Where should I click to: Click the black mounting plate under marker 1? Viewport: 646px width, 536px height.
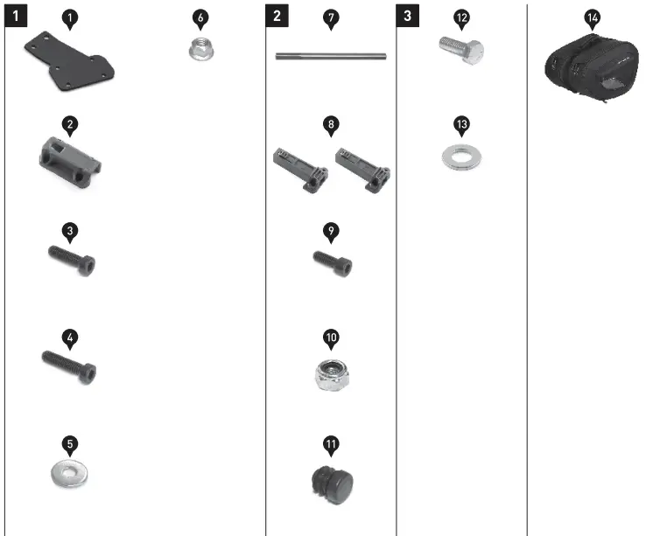[x=69, y=61]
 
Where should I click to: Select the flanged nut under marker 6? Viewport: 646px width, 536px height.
[x=200, y=49]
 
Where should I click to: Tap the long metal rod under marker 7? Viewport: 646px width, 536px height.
[x=331, y=58]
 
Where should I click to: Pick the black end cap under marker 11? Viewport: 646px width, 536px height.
[x=334, y=481]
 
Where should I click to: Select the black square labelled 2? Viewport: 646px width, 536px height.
[x=277, y=16]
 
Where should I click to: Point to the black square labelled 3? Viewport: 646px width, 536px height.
[x=409, y=16]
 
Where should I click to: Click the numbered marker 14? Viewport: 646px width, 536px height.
[x=593, y=17]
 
